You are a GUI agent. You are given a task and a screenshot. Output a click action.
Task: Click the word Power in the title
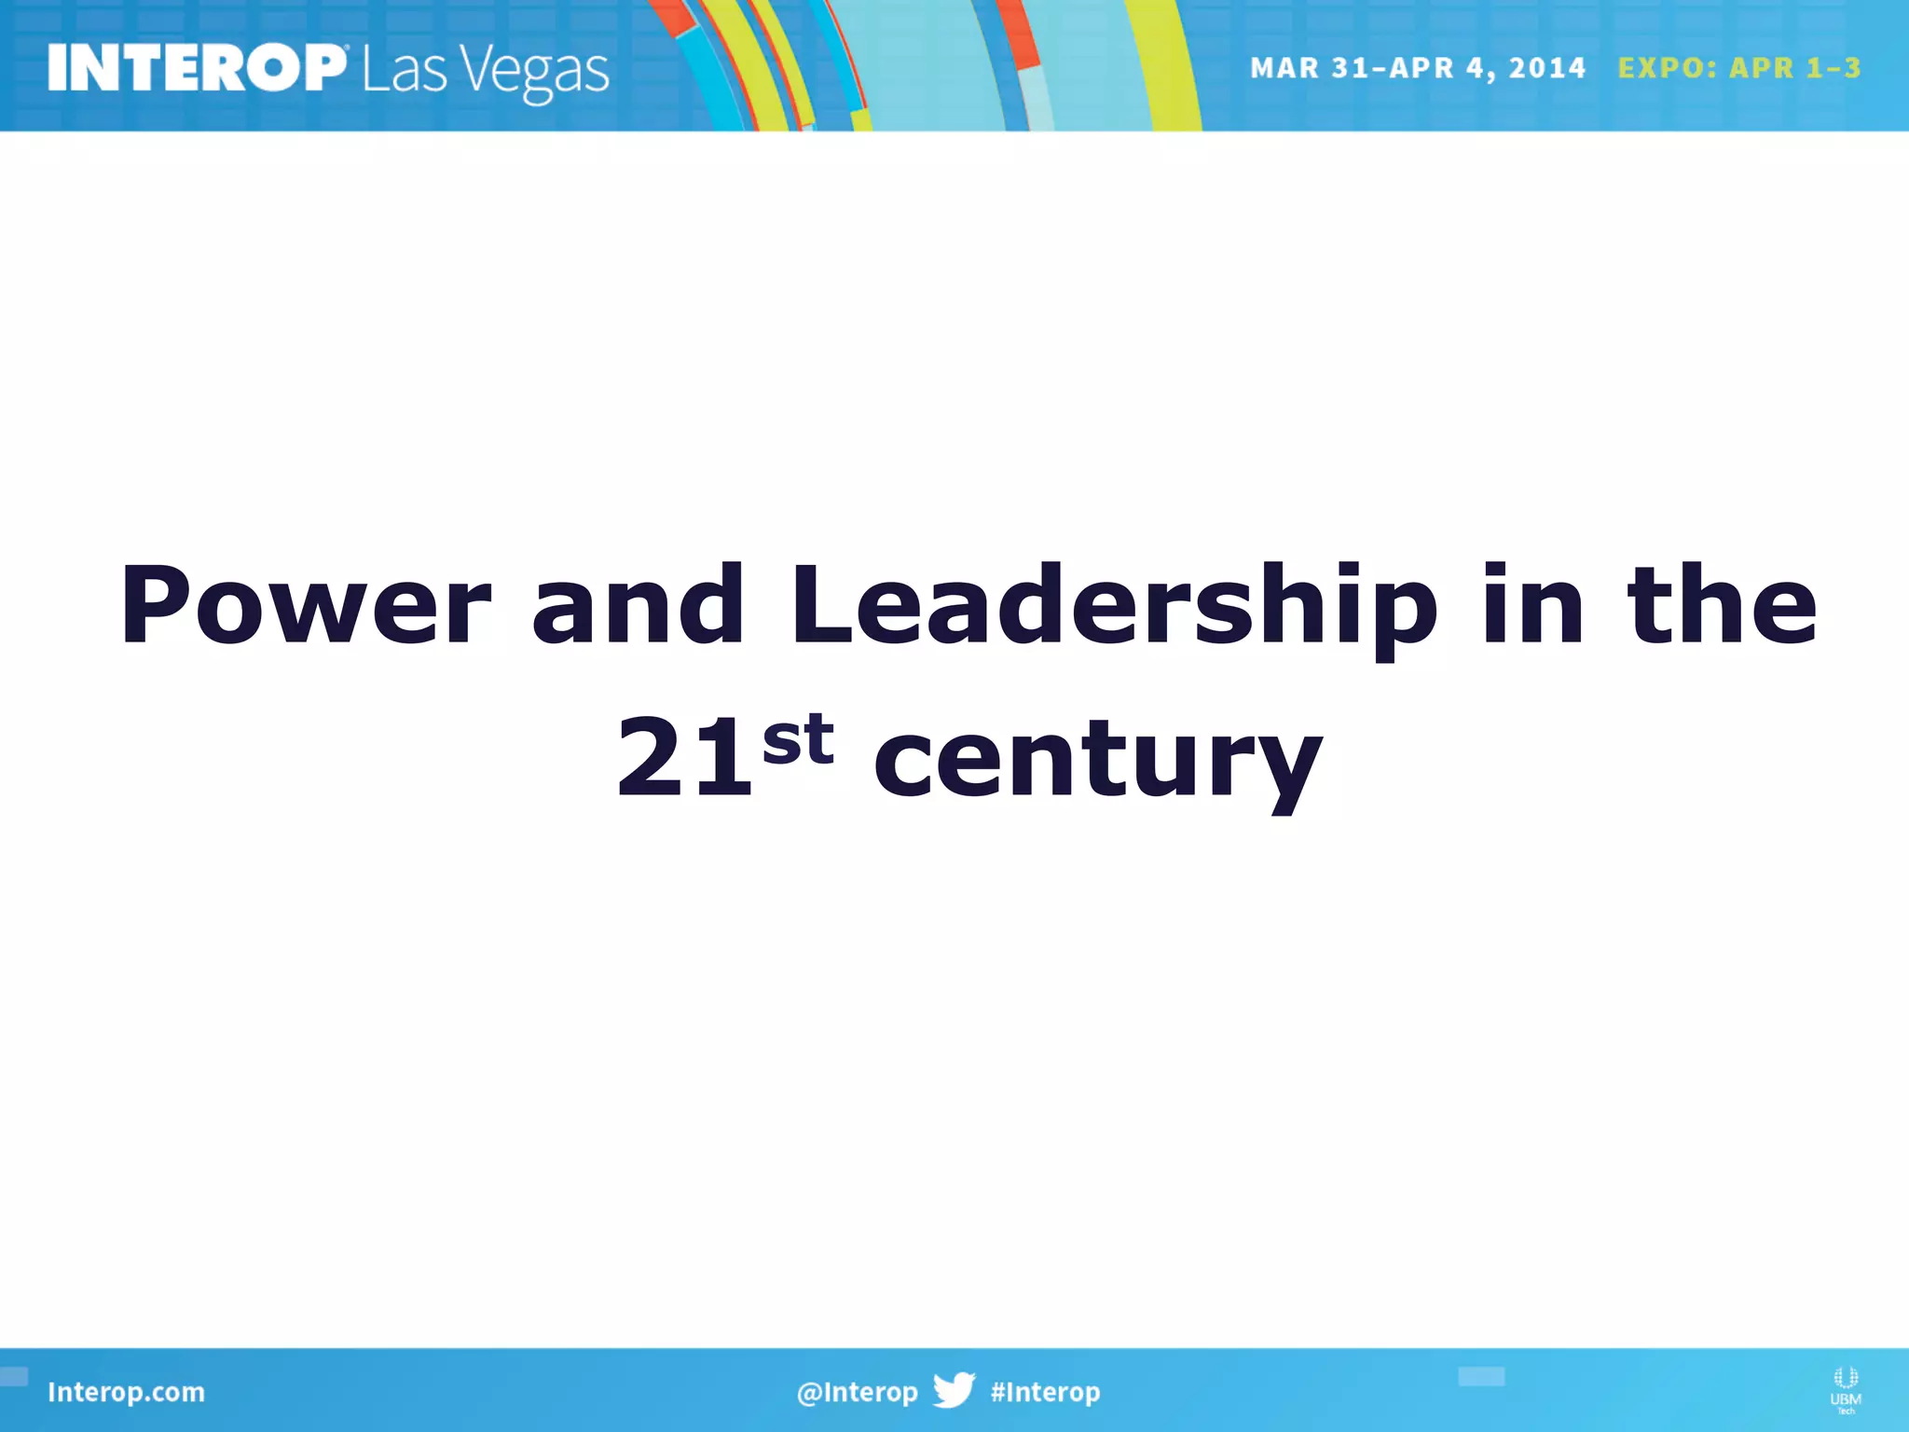305,606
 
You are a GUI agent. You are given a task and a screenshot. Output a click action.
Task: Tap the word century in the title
1097,760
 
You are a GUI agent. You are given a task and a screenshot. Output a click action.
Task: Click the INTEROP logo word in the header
197,68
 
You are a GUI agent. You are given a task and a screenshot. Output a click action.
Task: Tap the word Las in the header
405,70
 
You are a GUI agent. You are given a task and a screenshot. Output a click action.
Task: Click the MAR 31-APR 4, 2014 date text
1417,68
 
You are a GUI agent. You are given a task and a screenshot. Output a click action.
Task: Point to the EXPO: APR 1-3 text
1738,68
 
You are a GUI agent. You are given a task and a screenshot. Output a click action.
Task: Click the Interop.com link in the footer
126,1392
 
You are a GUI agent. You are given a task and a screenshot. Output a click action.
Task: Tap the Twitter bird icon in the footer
954,1390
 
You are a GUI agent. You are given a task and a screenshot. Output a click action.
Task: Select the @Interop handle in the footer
857,1392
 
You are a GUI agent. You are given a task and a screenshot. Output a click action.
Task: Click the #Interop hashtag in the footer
1045,1392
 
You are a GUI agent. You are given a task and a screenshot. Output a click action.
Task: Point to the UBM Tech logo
1845,1389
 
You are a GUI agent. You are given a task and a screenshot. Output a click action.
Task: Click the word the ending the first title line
1722,606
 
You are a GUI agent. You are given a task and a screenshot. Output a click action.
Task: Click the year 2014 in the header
1546,68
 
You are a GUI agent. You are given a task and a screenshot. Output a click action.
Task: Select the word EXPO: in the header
1667,68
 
